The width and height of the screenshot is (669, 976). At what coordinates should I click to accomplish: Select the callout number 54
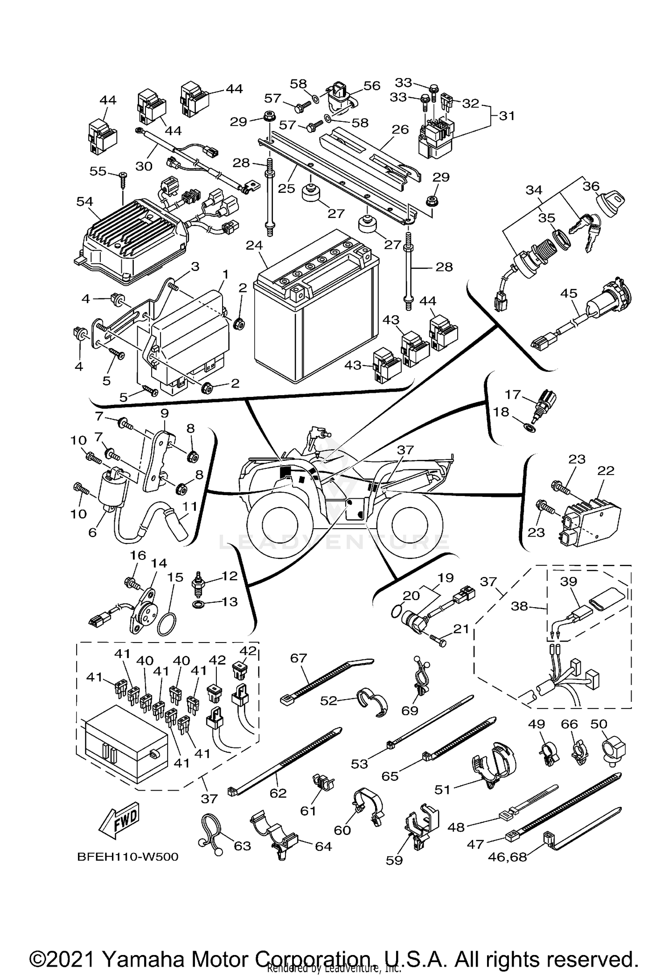click(x=85, y=202)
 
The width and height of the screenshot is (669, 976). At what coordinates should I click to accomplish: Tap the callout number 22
click(x=606, y=471)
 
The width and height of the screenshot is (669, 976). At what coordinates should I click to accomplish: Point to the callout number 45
click(x=569, y=293)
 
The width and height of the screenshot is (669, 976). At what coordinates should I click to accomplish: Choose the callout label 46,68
click(x=508, y=857)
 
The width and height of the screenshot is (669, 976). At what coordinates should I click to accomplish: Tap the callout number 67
click(x=299, y=658)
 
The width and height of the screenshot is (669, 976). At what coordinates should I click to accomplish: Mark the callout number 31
click(x=506, y=116)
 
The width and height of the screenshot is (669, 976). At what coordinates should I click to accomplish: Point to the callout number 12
click(x=230, y=576)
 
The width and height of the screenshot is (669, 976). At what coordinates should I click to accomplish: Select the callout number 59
click(x=394, y=859)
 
